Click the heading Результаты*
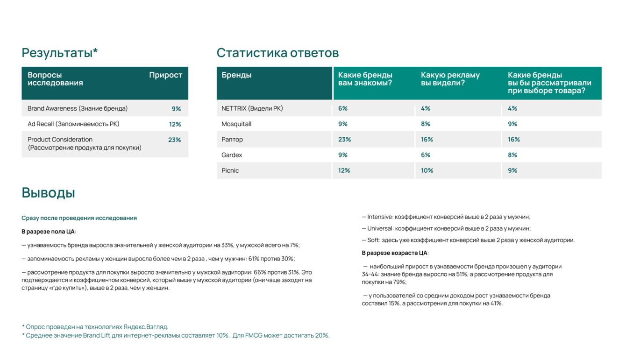60,53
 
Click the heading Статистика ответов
277,53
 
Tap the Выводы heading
48,192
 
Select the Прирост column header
165,75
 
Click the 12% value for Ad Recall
175,124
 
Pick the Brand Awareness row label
78,108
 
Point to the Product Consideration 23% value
174,140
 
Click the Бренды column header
236,75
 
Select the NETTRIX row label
252,108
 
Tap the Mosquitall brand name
236,124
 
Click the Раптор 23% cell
344,140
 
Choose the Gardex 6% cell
426,155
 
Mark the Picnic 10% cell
427,170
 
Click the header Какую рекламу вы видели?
450,79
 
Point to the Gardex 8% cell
512,155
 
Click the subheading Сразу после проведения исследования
79,218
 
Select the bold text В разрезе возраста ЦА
395,253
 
